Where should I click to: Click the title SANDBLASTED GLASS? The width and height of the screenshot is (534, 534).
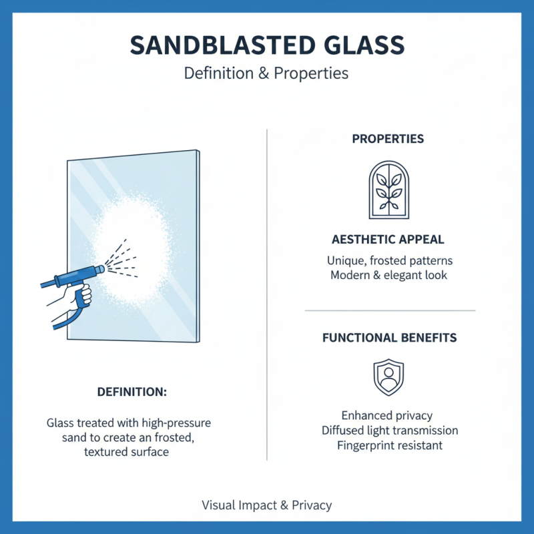click(266, 45)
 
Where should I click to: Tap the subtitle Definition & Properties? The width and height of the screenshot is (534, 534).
click(266, 73)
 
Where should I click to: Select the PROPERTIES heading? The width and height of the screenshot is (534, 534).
click(388, 140)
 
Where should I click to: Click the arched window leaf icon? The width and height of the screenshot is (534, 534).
click(388, 190)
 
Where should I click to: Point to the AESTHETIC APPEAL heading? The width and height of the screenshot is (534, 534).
click(388, 240)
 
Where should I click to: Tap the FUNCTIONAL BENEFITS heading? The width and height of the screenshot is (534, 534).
click(390, 338)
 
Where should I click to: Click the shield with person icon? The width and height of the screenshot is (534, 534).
click(388, 377)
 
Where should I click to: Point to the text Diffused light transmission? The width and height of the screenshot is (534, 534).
click(390, 431)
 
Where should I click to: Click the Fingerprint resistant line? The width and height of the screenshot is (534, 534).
click(390, 445)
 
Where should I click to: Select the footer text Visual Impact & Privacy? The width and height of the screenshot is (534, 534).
click(266, 505)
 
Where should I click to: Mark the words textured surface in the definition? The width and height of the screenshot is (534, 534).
click(126, 452)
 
